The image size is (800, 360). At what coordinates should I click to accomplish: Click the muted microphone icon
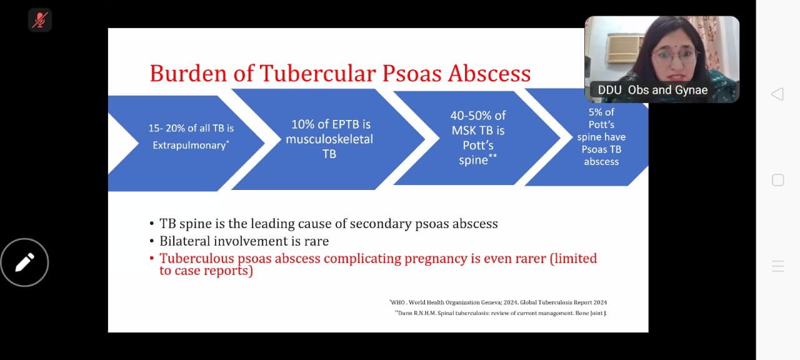(x=40, y=20)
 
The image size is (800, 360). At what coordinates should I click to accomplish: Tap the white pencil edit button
(x=24, y=262)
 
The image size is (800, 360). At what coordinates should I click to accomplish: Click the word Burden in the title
(x=188, y=74)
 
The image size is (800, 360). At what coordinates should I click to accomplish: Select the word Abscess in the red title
(x=489, y=74)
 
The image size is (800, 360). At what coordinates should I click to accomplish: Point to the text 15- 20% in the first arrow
(x=166, y=128)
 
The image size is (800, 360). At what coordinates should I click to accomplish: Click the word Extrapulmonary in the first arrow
(x=189, y=146)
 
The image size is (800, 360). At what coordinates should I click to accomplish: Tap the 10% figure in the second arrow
(x=302, y=124)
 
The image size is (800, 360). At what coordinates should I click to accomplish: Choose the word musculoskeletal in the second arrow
(x=329, y=139)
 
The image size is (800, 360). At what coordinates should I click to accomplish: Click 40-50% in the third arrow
(x=467, y=116)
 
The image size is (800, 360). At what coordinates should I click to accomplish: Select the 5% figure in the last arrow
(x=594, y=112)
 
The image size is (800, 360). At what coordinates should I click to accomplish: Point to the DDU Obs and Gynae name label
(x=652, y=90)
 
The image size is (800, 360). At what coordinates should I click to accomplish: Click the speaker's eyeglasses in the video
(x=674, y=56)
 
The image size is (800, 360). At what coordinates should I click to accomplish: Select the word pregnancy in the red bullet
(x=436, y=259)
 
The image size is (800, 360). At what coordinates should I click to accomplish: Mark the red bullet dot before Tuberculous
(x=152, y=258)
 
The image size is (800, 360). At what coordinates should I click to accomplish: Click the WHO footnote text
(x=498, y=302)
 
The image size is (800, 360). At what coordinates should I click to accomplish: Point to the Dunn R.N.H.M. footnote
(x=501, y=313)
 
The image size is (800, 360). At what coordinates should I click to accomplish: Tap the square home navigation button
(x=778, y=180)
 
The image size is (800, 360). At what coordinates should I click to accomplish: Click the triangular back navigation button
(x=778, y=94)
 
